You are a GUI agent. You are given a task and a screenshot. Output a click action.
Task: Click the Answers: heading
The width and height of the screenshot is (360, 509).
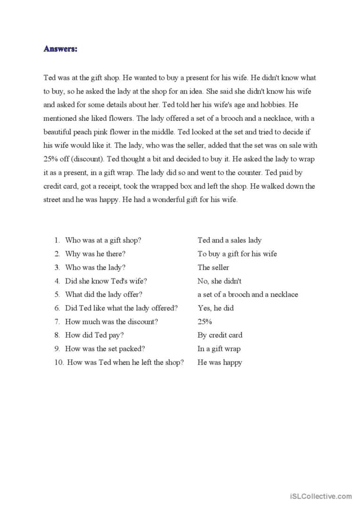(x=60, y=49)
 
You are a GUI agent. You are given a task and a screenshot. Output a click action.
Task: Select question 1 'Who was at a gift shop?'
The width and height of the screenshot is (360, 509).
(x=103, y=240)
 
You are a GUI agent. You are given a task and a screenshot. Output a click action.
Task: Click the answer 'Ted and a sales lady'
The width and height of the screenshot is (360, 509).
(x=229, y=240)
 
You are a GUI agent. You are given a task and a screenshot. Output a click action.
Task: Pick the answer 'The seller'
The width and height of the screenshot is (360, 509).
(x=213, y=268)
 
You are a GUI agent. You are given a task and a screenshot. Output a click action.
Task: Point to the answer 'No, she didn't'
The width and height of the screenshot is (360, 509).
(x=219, y=281)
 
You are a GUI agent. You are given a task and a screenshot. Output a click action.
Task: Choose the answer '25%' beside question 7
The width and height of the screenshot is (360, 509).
(x=205, y=322)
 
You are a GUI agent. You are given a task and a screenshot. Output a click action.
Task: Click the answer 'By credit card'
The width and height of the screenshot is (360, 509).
(x=220, y=335)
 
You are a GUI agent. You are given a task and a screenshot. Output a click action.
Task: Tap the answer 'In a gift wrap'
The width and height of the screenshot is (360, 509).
(x=219, y=349)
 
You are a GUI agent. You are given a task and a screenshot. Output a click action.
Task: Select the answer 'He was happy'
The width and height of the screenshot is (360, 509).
(x=219, y=362)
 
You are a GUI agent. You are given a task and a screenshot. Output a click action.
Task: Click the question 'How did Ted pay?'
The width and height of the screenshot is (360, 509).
(x=94, y=335)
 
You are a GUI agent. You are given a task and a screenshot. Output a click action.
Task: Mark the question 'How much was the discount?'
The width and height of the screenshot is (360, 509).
(x=111, y=322)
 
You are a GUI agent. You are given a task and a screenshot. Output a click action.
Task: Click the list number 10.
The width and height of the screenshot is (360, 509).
(x=58, y=362)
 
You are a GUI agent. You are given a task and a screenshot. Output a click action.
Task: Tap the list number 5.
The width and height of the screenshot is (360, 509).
(x=57, y=295)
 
